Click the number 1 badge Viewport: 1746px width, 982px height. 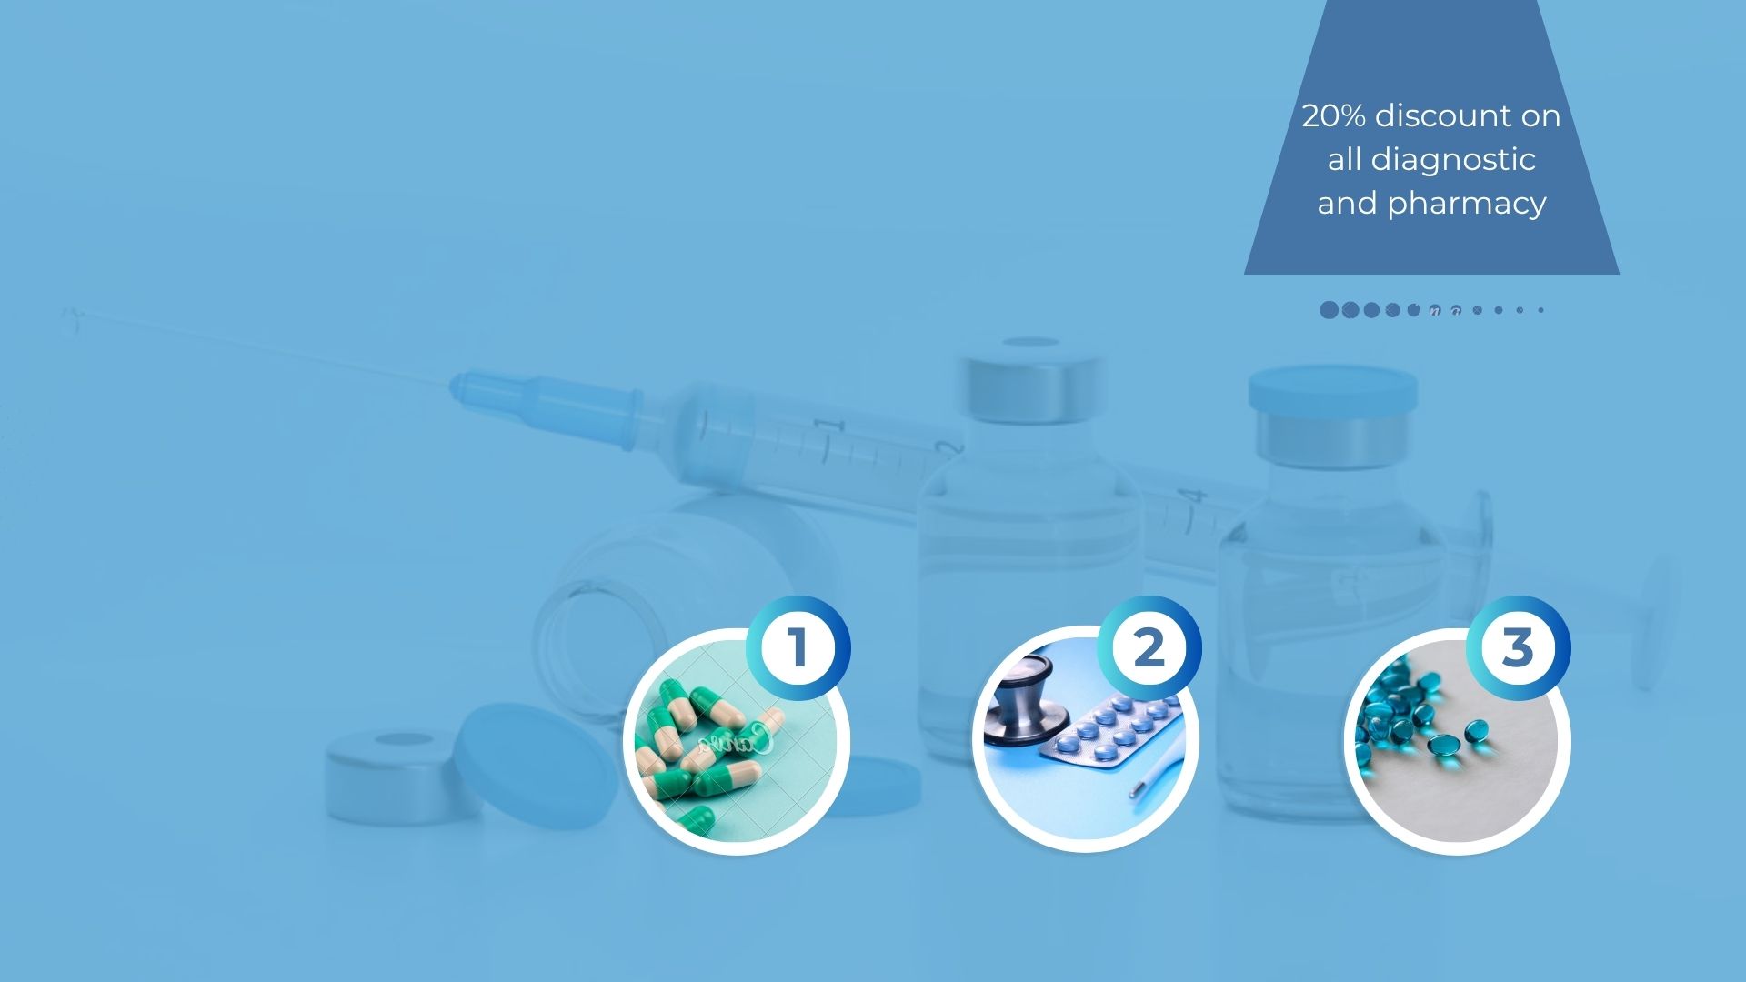pyautogui.click(x=798, y=648)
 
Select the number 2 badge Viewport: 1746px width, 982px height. pyautogui.click(x=1149, y=648)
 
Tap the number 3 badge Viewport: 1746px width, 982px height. pyautogui.click(x=1518, y=648)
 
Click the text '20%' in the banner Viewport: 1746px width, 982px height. pyautogui.click(x=1333, y=115)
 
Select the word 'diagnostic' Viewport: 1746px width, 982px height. pyautogui.click(x=1453, y=161)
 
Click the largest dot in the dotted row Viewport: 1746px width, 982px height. pyautogui.click(x=1330, y=310)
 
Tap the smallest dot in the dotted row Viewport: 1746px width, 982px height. pyautogui.click(x=1540, y=310)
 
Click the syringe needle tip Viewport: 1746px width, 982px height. pyautogui.click(x=69, y=313)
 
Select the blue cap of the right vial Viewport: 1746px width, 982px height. pyautogui.click(x=1332, y=389)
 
